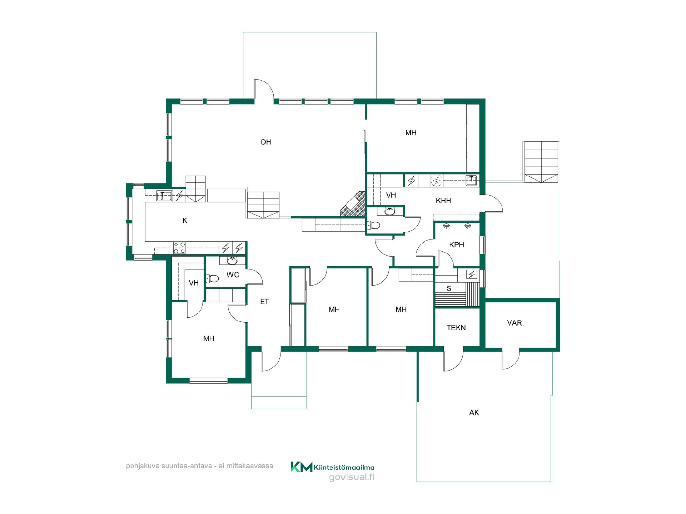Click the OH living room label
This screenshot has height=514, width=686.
(265, 142)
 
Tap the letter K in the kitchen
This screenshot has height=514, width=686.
(185, 221)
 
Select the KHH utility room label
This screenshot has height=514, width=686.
(443, 201)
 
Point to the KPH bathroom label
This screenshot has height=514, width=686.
(457, 245)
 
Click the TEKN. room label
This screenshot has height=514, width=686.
(457, 327)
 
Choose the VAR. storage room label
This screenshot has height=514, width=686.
(515, 323)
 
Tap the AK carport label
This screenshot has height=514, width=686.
(474, 413)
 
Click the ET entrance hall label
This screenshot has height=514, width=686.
(264, 302)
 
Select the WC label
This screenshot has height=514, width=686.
(233, 275)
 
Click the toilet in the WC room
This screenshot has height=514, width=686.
(212, 278)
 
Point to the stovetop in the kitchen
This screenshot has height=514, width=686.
(179, 248)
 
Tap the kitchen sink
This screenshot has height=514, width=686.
(164, 196)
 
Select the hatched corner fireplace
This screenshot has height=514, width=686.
(353, 205)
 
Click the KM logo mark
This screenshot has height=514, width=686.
(302, 467)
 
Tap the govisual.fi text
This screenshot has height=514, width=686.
(352, 477)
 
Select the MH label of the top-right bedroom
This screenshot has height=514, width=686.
(411, 133)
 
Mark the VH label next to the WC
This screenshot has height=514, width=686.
(194, 283)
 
